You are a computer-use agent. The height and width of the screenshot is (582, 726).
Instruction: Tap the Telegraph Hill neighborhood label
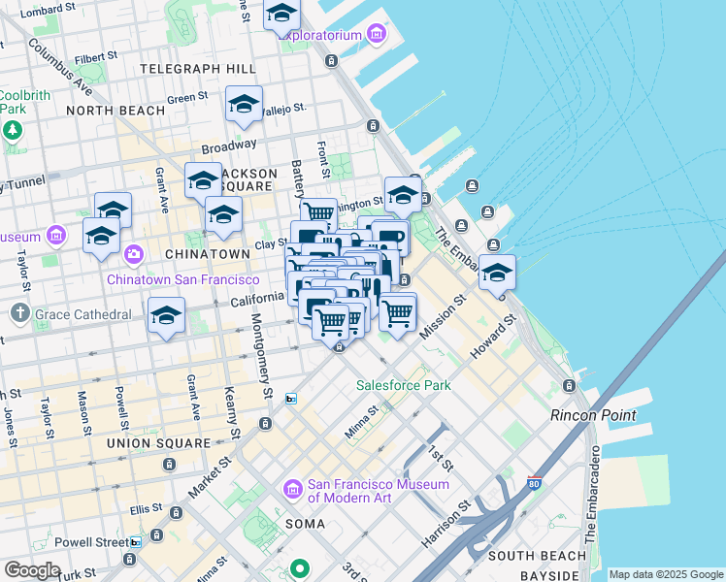click(x=198, y=69)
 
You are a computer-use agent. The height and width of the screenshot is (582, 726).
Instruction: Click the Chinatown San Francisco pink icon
click(x=133, y=255)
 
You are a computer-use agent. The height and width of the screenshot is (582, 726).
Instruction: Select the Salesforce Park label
click(x=403, y=385)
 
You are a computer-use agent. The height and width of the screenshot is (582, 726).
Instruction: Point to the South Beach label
click(x=537, y=556)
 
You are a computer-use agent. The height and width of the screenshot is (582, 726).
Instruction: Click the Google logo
click(x=31, y=570)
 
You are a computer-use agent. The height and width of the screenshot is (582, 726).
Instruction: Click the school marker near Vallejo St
click(x=244, y=104)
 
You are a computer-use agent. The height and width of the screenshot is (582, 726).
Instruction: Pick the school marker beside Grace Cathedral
click(x=166, y=316)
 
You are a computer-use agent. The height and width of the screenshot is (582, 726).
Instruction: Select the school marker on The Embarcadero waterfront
click(x=497, y=274)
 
